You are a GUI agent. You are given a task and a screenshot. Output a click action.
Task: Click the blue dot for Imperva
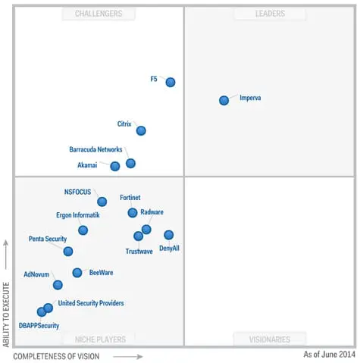pyautogui.click(x=224, y=100)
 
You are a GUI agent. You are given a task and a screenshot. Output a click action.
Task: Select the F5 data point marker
pyautogui.click(x=171, y=82)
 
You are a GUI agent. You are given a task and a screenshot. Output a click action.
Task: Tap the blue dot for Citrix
pyautogui.click(x=141, y=130)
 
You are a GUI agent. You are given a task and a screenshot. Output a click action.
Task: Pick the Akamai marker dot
pyautogui.click(x=114, y=166)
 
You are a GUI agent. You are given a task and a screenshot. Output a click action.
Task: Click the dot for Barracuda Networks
pyautogui.click(x=130, y=163)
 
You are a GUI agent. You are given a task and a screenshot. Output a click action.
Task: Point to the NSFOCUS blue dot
pyautogui.click(x=102, y=202)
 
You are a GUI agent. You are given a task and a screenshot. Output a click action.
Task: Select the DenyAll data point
pyautogui.click(x=168, y=235)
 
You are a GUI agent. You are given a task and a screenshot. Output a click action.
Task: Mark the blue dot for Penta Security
pyautogui.click(x=68, y=251)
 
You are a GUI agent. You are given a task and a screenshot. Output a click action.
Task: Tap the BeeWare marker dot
pyautogui.click(x=77, y=273)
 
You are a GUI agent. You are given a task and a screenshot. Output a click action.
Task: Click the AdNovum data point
pyautogui.click(x=58, y=285)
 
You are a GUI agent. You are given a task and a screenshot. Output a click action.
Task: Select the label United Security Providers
pyautogui.click(x=91, y=303)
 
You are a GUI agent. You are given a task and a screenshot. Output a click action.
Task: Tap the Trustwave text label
pyautogui.click(x=139, y=251)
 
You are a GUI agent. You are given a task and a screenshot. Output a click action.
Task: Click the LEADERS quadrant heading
pyautogui.click(x=270, y=14)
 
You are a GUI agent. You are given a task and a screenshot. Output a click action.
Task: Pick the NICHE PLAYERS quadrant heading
pyautogui.click(x=99, y=339)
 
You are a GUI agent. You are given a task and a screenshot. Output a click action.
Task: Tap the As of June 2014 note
pyautogui.click(x=329, y=354)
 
